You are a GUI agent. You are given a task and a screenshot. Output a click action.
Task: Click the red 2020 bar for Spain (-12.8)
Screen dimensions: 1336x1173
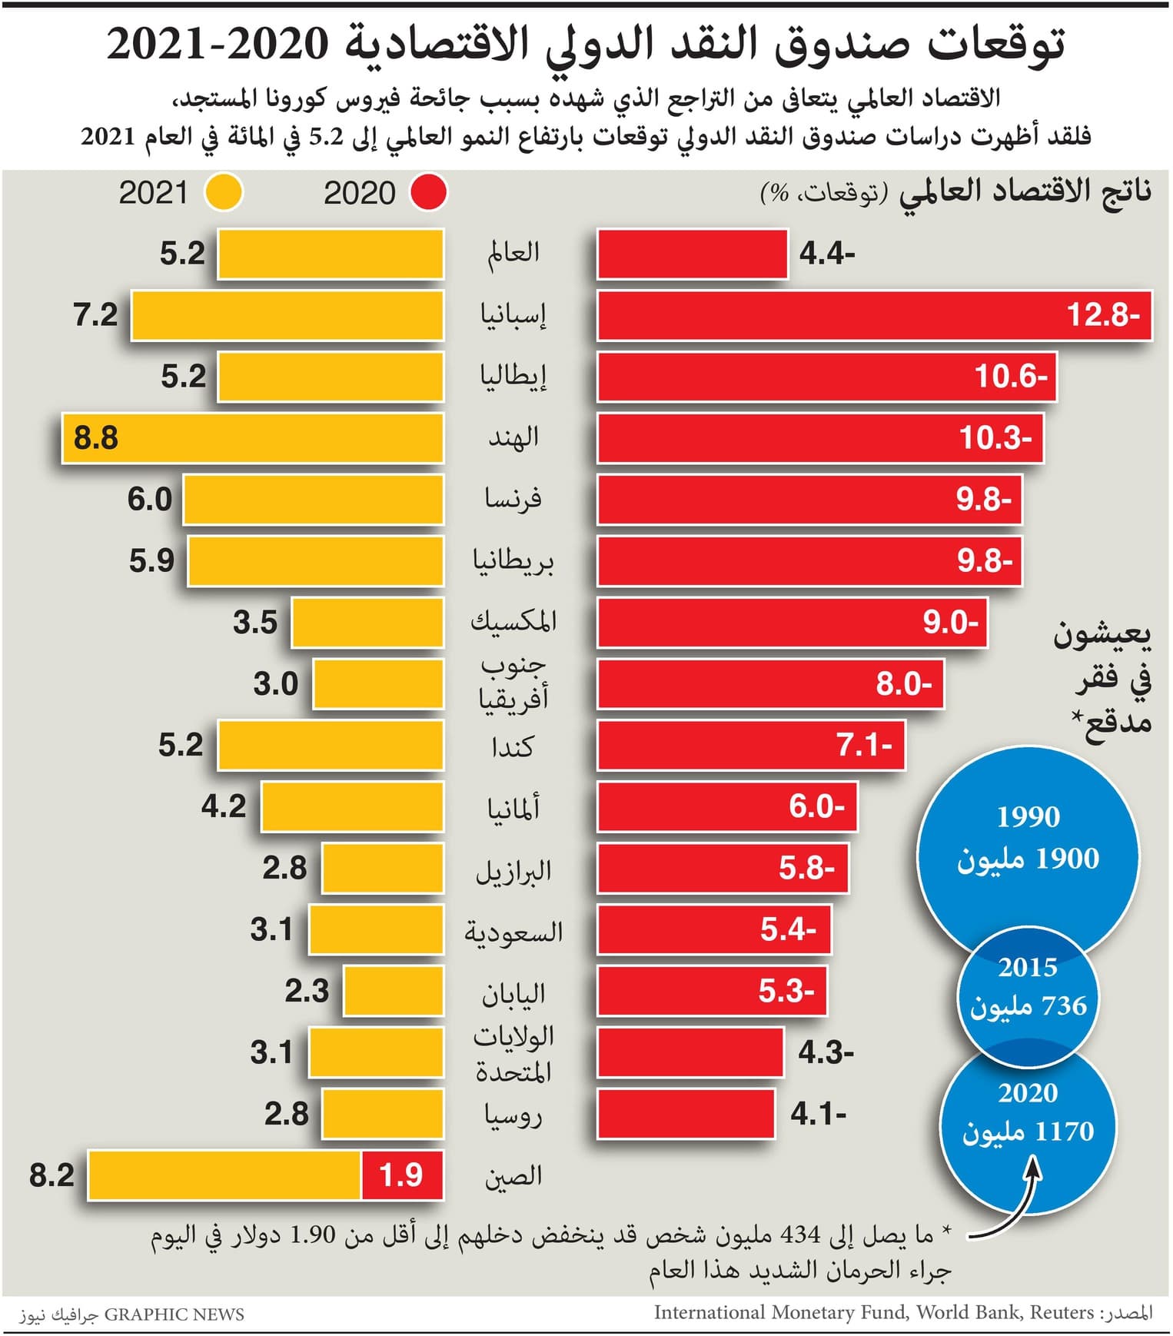click(x=874, y=315)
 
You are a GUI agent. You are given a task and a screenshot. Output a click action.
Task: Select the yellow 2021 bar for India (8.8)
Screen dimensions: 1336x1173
click(x=252, y=438)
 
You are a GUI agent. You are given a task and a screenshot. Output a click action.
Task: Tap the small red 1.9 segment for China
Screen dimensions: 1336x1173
click(x=402, y=1175)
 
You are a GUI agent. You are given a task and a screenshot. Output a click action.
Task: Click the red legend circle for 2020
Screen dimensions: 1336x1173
click(x=428, y=192)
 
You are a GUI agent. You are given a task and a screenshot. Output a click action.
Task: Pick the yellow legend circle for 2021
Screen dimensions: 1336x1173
click(x=224, y=192)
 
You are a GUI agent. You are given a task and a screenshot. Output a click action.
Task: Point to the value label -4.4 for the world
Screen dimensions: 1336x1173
click(x=827, y=254)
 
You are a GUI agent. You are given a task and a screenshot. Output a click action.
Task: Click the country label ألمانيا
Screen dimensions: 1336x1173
click(x=513, y=808)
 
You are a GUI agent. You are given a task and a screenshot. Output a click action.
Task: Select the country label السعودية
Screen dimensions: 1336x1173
click(x=513, y=932)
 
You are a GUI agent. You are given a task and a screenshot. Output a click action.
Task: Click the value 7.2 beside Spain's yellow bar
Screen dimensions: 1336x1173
click(x=95, y=315)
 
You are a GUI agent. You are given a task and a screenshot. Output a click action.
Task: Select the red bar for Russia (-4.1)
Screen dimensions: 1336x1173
click(x=686, y=1113)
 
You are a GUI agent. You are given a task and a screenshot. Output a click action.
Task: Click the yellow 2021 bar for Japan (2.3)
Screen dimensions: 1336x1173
click(x=394, y=991)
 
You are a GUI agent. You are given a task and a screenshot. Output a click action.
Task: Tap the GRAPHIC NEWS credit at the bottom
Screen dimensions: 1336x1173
click(x=174, y=1314)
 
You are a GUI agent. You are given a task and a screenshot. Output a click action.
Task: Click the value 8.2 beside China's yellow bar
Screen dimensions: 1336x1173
click(x=52, y=1175)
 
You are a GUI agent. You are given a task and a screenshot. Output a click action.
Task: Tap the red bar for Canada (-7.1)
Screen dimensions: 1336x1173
click(x=750, y=745)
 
